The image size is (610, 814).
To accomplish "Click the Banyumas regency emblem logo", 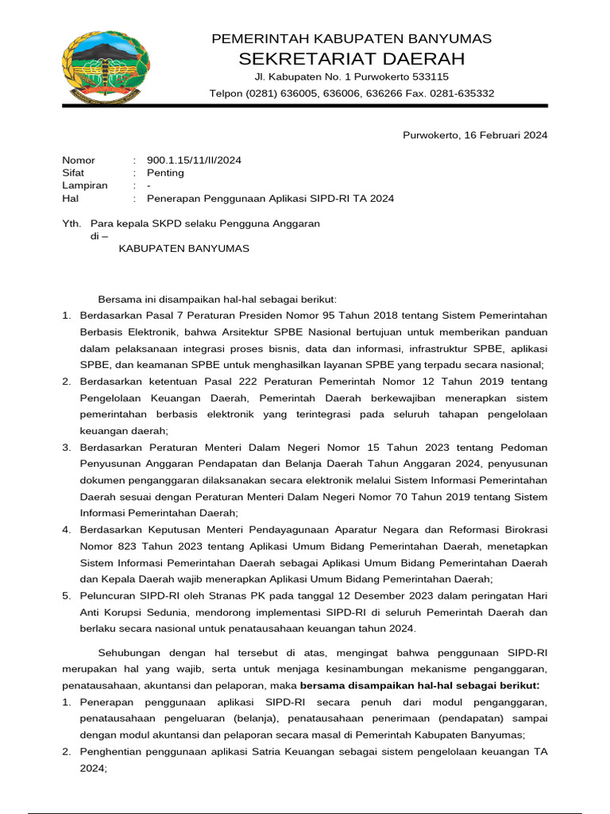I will tap(105, 68).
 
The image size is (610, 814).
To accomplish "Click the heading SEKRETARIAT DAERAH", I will tap(351, 59).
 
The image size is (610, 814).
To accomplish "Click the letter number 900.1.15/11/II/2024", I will tap(194, 160).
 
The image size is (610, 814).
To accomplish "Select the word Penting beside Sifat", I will tap(165, 172).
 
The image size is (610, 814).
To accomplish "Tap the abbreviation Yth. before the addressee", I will tap(72, 223).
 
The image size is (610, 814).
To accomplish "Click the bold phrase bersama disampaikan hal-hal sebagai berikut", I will tap(420, 685).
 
